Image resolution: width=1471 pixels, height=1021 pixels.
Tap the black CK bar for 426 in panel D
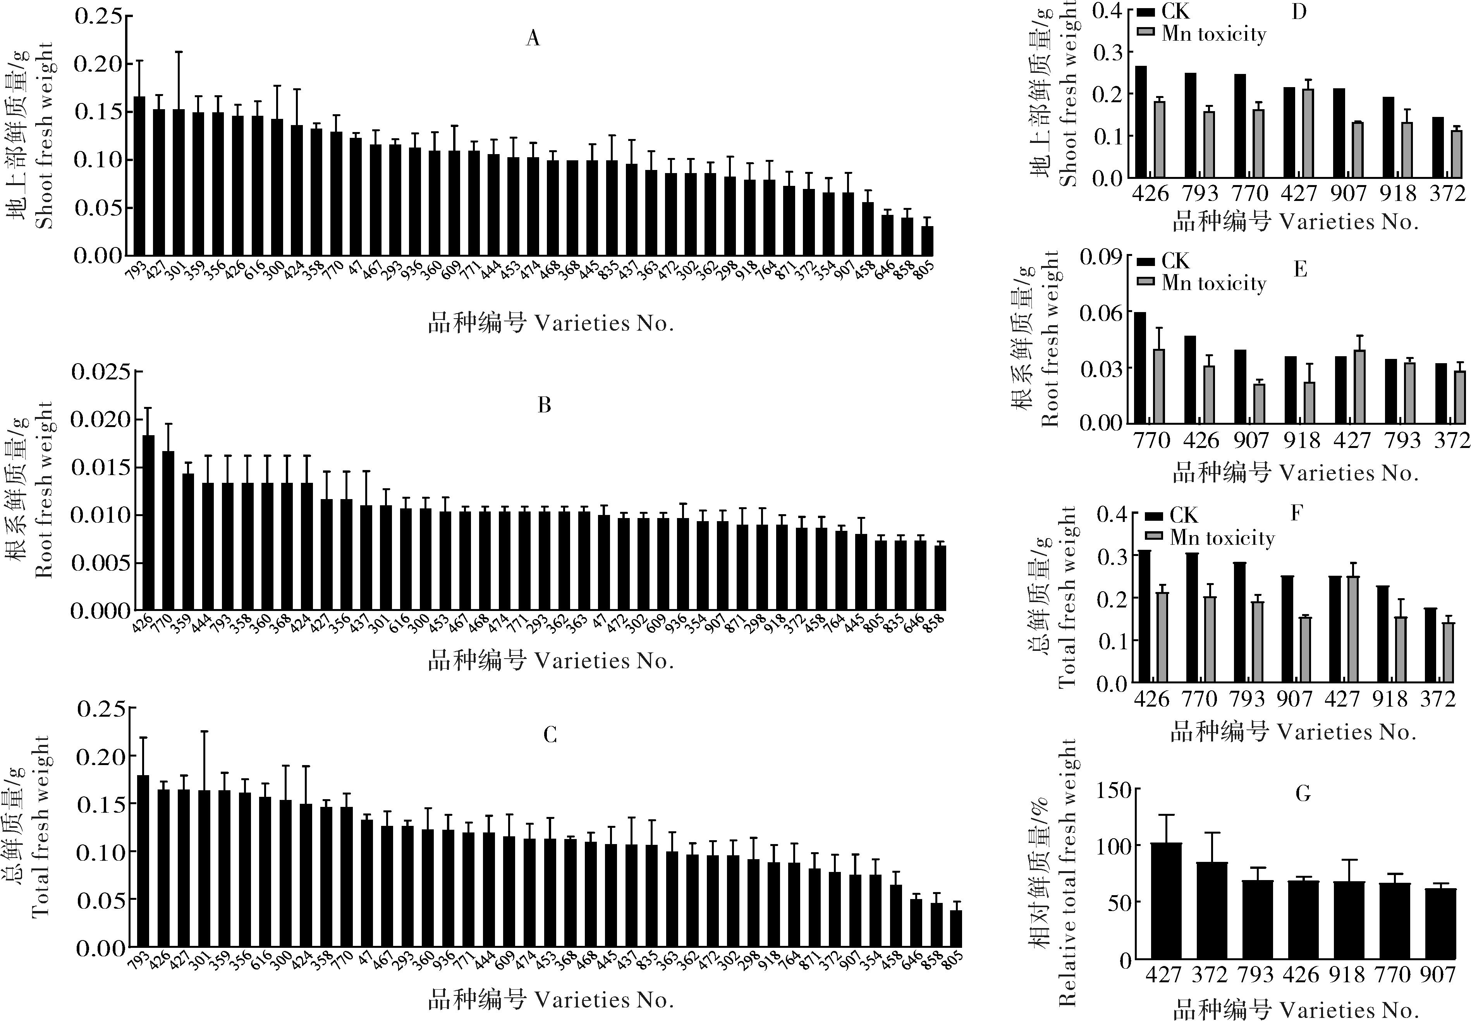pos(1140,122)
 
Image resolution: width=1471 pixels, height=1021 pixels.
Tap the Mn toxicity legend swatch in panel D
pos(1145,32)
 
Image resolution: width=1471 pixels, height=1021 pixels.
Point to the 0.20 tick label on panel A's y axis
pos(98,64)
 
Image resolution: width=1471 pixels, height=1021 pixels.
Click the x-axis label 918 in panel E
pos(1301,440)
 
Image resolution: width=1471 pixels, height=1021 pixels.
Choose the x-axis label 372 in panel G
pos(1209,974)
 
